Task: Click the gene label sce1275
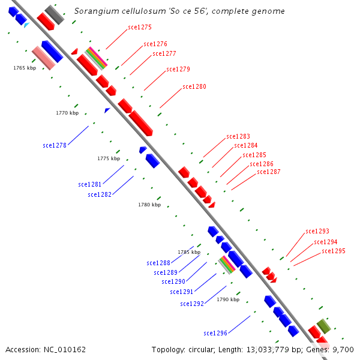pos(140,28)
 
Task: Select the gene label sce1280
pos(194,87)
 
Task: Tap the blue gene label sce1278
pos(55,145)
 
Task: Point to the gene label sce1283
pos(238,137)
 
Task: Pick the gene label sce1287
pos(269,172)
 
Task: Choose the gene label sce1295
pos(334,251)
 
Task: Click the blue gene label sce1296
pos(215,333)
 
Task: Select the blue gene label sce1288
pos(158,263)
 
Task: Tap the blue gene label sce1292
pos(192,304)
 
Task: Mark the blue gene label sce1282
pos(100,194)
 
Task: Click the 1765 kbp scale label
pos(25,68)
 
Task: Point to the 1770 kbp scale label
pos(67,113)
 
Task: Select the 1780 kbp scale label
pos(149,205)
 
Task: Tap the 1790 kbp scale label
pos(228,299)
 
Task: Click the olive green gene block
pos(324,326)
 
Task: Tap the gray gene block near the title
pos(54,14)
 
